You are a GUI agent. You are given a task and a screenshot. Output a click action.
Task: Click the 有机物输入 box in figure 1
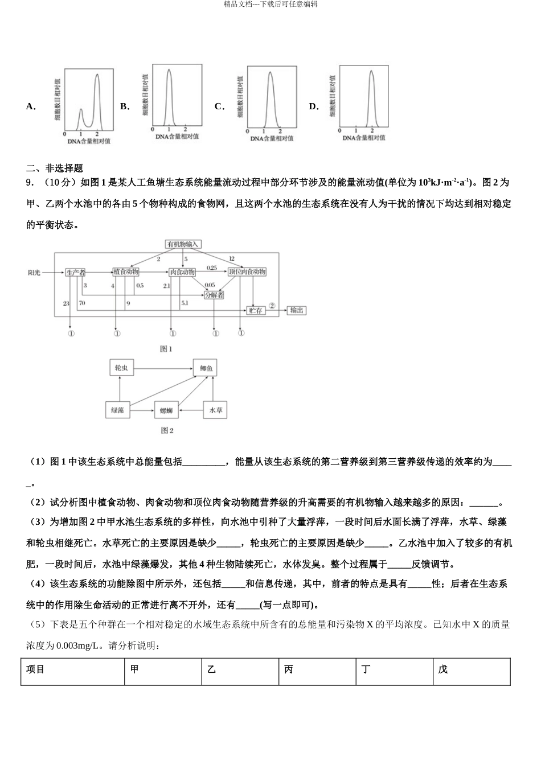click(183, 244)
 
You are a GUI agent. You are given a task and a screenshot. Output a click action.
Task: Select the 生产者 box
click(75, 272)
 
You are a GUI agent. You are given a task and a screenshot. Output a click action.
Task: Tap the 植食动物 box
click(126, 272)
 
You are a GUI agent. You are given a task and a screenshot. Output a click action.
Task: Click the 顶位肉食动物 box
click(247, 272)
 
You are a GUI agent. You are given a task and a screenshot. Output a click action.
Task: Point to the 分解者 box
click(214, 295)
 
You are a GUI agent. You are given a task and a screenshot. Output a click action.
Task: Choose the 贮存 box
click(256, 310)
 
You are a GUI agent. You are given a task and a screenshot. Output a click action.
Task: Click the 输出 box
click(296, 310)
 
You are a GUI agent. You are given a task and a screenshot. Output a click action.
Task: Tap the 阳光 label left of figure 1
click(34, 272)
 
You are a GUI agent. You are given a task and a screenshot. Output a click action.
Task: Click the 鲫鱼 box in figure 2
click(205, 368)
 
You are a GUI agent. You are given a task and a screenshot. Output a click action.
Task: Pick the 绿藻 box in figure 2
click(118, 410)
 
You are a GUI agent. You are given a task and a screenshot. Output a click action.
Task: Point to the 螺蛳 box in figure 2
click(166, 410)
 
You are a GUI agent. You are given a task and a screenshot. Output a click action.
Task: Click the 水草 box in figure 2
click(215, 410)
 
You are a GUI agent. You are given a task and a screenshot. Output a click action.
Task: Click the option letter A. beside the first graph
click(31, 106)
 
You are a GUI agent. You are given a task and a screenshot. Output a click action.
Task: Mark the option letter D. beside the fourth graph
click(314, 106)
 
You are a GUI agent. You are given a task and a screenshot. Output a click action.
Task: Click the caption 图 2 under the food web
click(167, 431)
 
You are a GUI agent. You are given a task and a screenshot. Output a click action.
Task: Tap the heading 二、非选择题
click(55, 168)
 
